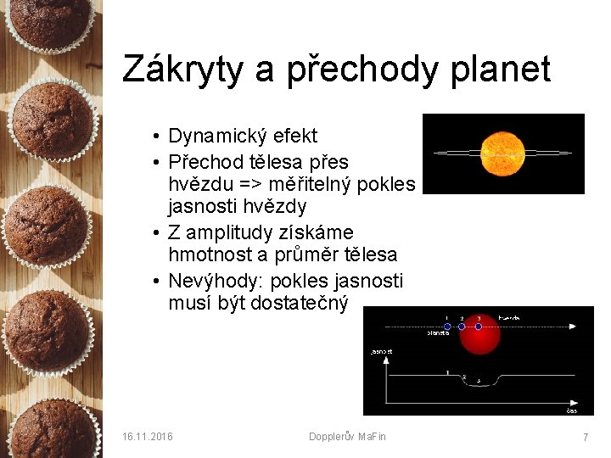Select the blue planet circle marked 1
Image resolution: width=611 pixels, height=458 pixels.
coord(447,327)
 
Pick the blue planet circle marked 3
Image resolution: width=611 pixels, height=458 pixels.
coord(479,327)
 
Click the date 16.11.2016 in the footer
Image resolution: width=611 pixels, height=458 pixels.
coord(147,436)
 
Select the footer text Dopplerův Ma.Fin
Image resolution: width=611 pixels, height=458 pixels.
coord(347,436)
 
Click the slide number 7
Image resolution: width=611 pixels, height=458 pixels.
coord(585,436)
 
